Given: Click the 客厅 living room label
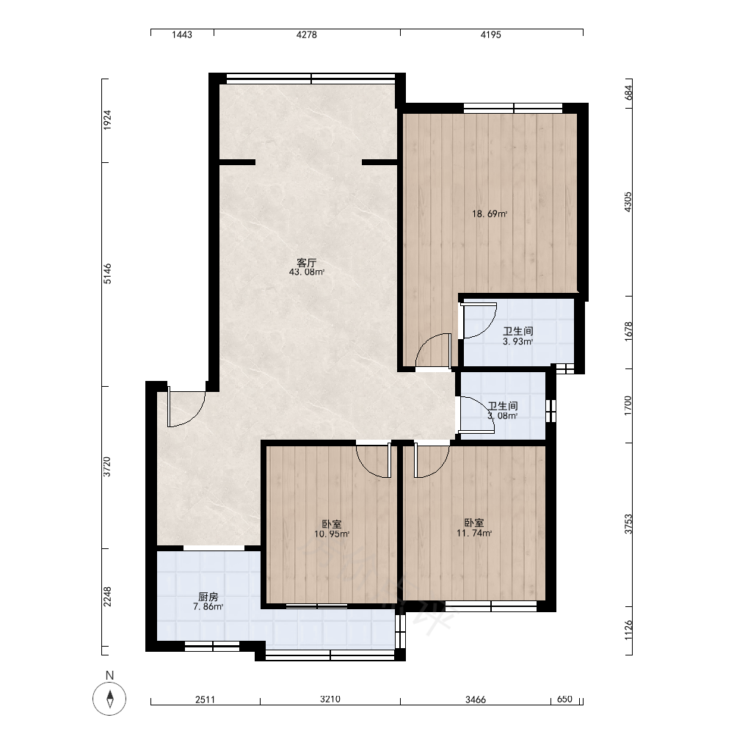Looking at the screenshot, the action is (307, 263).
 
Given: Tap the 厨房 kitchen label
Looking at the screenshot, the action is (208, 597).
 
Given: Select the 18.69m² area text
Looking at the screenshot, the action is (490, 214).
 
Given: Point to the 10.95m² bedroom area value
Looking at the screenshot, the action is (332, 534).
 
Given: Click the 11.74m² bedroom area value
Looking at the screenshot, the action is (474, 533).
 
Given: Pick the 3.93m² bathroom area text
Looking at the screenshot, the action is (517, 341).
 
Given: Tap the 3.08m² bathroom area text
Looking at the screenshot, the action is (503, 415).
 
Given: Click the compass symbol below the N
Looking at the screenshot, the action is (109, 699).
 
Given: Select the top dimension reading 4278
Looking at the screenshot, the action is (307, 34).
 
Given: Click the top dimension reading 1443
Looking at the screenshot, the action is (182, 34).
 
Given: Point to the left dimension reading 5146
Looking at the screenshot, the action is (107, 274).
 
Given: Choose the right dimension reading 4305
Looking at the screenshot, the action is (628, 202).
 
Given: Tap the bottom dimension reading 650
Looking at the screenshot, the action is (564, 699).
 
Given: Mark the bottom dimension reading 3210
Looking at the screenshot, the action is (330, 699).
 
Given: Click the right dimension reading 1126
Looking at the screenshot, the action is (628, 630).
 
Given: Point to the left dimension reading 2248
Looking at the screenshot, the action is (107, 597).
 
